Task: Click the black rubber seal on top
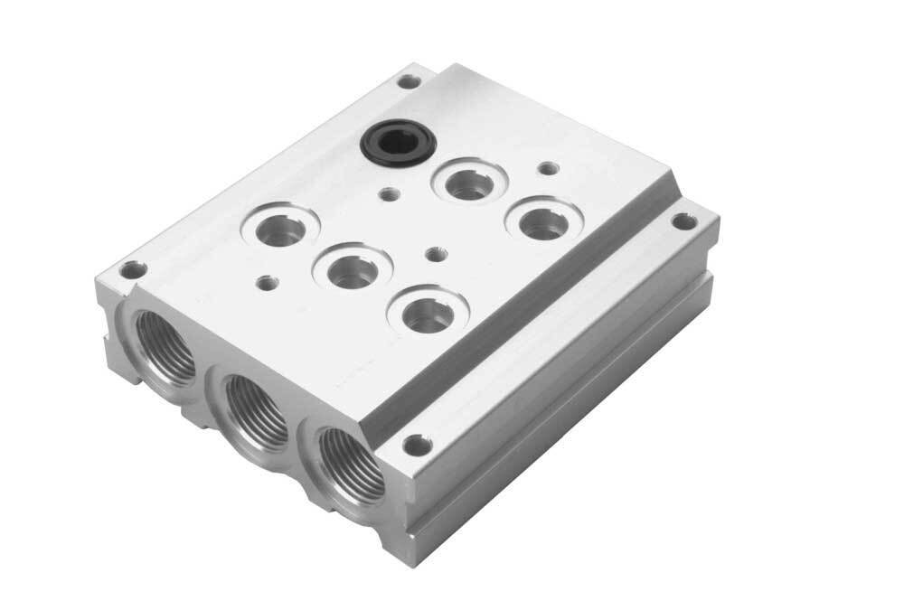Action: pos(398,142)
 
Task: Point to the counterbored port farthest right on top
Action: pos(542,221)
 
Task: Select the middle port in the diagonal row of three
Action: pos(352,268)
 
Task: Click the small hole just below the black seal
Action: pos(389,193)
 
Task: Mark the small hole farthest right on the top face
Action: pos(547,168)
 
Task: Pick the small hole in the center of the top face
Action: pos(436,255)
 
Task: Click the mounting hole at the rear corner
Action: pos(409,81)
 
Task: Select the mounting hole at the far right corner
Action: pos(684,221)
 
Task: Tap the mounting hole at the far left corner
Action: pos(134,269)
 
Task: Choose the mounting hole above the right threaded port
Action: pos(417,445)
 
